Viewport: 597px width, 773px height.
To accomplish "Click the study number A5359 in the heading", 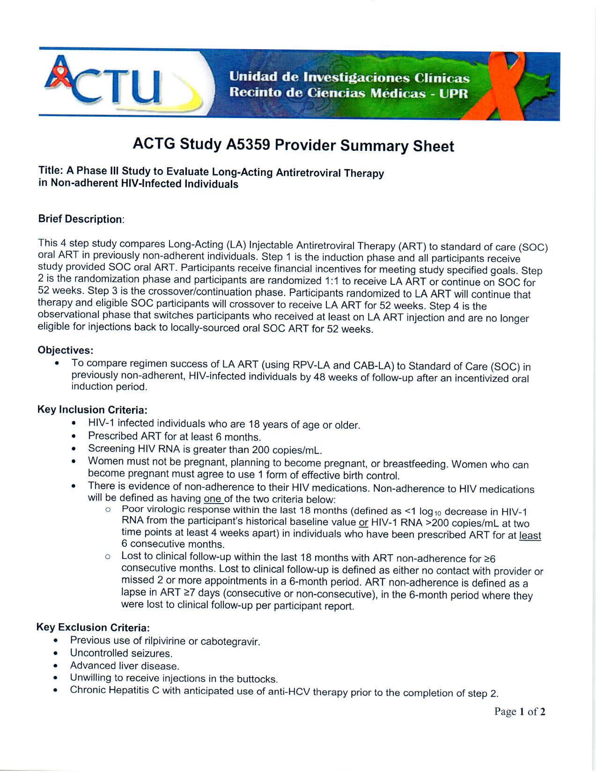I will [248, 144].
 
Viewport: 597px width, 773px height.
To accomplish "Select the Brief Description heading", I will [81, 219].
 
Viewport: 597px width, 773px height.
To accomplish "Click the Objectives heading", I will [65, 350].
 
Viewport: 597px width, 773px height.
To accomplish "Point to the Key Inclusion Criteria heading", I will [92, 409].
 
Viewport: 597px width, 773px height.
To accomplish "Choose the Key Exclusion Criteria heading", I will [93, 627].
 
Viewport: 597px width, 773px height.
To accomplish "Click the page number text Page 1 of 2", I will [519, 712].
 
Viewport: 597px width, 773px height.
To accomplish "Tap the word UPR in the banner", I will [453, 93].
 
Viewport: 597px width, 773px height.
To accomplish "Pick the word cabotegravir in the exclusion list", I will [230, 641].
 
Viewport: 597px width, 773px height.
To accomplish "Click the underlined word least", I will [530, 535].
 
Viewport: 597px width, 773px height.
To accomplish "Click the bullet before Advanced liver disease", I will [56, 666].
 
